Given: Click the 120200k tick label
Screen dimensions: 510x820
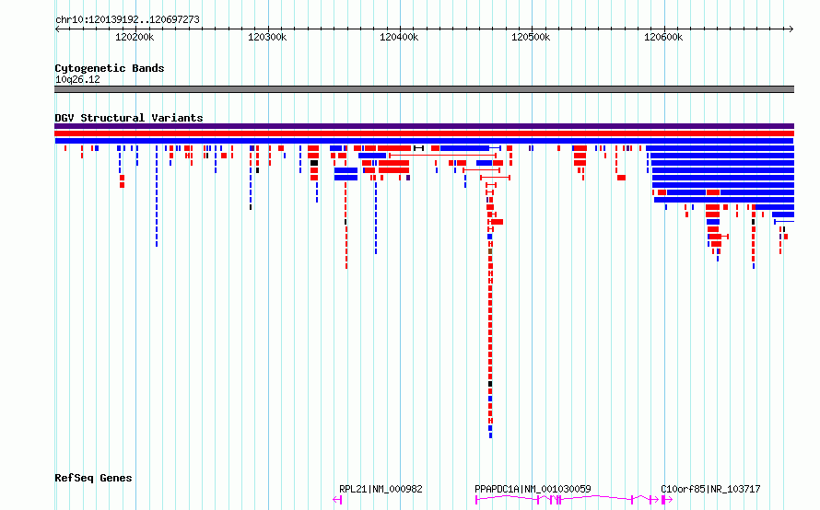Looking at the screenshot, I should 135,37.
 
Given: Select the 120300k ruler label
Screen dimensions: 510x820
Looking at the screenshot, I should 267,37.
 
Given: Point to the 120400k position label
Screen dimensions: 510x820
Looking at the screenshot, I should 399,37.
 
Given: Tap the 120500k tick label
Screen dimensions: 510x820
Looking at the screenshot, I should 531,37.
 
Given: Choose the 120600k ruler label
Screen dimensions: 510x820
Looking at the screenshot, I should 662,37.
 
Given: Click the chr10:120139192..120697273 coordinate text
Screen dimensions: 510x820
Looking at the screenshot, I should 127,19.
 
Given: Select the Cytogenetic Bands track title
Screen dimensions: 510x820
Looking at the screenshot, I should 109,68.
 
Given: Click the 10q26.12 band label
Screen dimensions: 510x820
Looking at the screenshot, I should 77,79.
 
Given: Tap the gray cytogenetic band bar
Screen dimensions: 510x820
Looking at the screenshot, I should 424,89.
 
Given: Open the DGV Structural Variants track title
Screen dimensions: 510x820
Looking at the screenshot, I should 128,118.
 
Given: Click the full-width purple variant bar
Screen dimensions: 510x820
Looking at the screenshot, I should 424,126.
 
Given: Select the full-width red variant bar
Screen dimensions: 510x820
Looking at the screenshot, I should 424,133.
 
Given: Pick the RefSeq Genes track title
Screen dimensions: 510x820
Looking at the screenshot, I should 93,478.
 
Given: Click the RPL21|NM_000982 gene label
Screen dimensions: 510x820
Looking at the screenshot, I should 380,489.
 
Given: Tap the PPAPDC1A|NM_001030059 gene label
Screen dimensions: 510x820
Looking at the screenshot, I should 533,489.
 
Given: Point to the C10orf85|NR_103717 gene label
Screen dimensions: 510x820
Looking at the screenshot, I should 710,489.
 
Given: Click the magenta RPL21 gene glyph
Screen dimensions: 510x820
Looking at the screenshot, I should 337,499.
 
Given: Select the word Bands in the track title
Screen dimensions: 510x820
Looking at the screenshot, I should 147,68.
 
